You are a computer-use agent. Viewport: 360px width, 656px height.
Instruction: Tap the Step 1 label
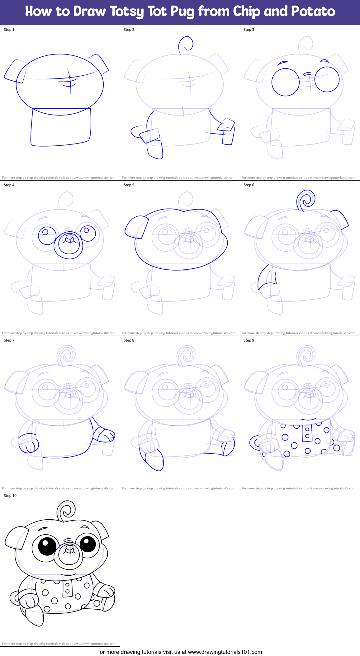tap(9, 30)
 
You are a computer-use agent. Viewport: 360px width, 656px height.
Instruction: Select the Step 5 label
tap(129, 185)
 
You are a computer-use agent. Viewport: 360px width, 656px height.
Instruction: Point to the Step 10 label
tap(10, 496)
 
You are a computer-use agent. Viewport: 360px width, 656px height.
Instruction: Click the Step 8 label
tap(129, 340)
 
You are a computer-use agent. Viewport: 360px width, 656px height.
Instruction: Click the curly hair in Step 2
tap(186, 44)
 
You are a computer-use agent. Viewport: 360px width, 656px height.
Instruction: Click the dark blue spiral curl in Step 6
tap(306, 199)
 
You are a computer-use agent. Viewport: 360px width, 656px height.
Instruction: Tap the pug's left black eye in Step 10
tap(47, 546)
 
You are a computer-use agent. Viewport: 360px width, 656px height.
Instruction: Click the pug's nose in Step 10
tap(69, 549)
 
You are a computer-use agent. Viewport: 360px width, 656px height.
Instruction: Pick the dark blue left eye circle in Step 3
tap(285, 82)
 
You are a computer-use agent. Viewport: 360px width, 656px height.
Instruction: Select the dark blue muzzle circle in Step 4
tap(69, 246)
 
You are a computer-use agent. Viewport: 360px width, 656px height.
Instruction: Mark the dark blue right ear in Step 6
tap(341, 219)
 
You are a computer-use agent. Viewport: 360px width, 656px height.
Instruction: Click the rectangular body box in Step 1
tap(61, 127)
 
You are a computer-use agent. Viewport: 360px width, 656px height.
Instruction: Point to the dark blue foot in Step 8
tap(155, 460)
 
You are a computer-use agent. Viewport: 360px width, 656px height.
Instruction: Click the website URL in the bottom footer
tap(225, 652)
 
